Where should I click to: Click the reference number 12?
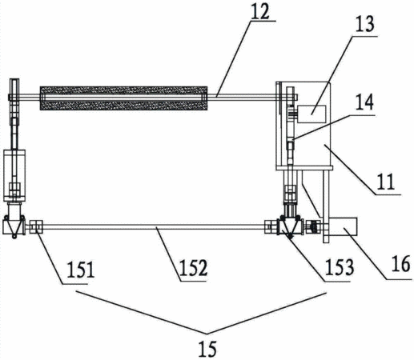(261, 11)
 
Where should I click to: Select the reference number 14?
(364, 102)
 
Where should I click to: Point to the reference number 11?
(386, 182)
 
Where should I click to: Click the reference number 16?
(400, 264)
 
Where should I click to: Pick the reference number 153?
(340, 267)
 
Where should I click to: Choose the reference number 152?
(193, 268)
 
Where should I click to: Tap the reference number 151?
(81, 270)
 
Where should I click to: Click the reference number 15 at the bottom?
(207, 349)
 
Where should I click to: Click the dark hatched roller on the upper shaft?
(123, 98)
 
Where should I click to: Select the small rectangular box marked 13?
(312, 114)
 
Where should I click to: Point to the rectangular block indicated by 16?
(343, 226)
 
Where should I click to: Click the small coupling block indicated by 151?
(36, 226)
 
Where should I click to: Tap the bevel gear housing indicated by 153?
(290, 227)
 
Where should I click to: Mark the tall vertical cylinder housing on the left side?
(14, 175)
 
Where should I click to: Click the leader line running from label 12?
(234, 58)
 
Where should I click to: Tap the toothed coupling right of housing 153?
(314, 227)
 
